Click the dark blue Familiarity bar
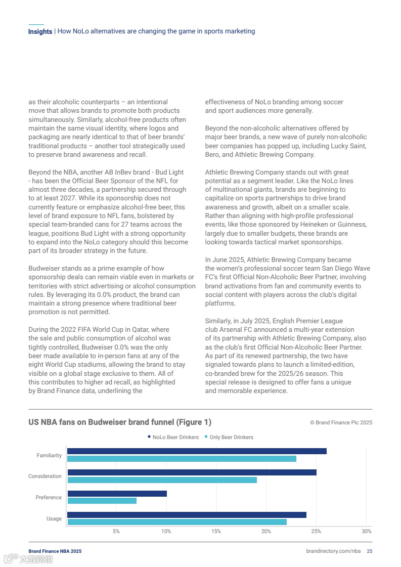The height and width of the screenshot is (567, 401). (197, 451)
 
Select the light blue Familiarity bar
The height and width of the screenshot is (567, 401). (182, 459)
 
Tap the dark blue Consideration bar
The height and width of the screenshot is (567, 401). (192, 472)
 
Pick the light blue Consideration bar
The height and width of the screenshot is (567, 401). (162, 480)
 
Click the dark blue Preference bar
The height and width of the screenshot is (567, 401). (117, 494)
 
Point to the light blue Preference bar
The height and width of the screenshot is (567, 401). (102, 501)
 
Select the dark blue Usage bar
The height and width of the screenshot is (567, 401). (187, 515)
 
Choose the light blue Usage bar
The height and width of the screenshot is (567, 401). (176, 522)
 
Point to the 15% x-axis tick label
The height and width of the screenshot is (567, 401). (216, 531)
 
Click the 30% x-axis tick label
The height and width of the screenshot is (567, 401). (367, 531)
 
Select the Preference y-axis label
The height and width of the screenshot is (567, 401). (49, 497)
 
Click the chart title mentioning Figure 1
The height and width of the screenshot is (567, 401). (120, 422)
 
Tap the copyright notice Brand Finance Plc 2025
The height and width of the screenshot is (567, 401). (341, 422)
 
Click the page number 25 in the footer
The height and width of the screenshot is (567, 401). (370, 551)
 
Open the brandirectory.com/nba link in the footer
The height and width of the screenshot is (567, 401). (333, 551)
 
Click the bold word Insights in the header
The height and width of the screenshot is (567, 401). (40, 31)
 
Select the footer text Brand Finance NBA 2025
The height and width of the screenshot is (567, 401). (55, 551)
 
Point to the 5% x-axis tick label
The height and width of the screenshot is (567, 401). (116, 531)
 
